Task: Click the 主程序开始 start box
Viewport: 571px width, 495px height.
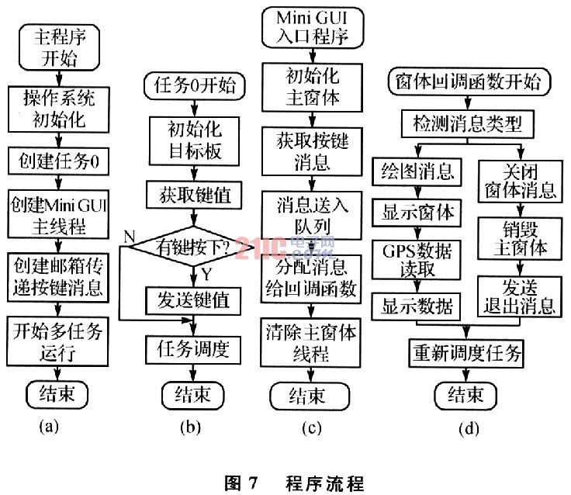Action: click(x=59, y=47)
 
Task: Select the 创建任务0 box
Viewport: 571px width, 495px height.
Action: click(x=59, y=161)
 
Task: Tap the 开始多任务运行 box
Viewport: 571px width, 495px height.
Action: click(x=57, y=341)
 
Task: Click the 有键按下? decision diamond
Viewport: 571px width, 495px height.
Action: click(x=192, y=247)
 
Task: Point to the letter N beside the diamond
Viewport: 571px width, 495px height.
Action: click(x=130, y=237)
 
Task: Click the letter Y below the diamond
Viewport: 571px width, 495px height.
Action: click(x=206, y=274)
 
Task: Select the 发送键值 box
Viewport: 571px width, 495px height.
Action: click(x=193, y=301)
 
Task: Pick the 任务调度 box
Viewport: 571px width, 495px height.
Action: click(x=193, y=350)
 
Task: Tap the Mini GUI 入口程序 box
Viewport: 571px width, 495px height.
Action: click(x=313, y=27)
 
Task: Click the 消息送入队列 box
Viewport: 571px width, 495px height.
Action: click(x=312, y=216)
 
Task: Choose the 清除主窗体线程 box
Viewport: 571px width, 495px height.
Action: click(x=310, y=343)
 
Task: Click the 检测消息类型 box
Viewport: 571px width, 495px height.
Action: click(x=468, y=124)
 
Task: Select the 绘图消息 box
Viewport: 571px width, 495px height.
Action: click(x=417, y=171)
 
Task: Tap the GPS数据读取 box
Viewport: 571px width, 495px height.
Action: click(x=417, y=260)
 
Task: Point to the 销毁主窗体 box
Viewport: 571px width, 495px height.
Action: click(x=520, y=238)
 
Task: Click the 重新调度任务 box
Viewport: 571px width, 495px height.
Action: click(x=466, y=353)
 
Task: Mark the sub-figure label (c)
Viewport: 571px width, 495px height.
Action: click(x=312, y=428)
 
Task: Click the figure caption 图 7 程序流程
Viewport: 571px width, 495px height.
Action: click(x=294, y=483)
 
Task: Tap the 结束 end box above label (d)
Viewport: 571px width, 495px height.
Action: click(x=465, y=395)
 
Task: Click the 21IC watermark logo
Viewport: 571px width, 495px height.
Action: click(x=284, y=247)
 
